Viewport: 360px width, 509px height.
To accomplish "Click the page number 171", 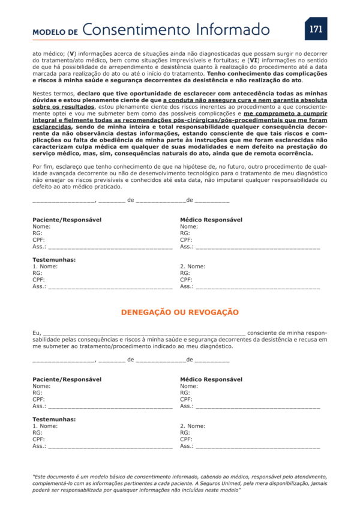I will click(316, 29).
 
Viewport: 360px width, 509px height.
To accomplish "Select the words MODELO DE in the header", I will click(55, 32).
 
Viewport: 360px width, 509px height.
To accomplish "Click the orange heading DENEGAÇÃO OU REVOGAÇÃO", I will click(180, 313).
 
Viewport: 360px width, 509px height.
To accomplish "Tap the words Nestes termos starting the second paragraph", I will click(53, 94).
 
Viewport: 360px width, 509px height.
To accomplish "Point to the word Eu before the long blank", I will click(37, 333).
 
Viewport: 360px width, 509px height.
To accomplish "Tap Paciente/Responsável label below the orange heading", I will click(67, 379).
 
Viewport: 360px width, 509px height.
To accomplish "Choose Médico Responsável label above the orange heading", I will click(211, 220).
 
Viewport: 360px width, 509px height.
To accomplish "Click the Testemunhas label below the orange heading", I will click(54, 420).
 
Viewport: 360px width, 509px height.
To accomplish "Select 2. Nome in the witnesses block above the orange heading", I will click(193, 266).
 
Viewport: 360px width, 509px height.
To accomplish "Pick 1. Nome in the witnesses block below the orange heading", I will click(45, 426).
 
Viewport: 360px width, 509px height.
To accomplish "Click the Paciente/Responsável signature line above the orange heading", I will click(110, 247).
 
